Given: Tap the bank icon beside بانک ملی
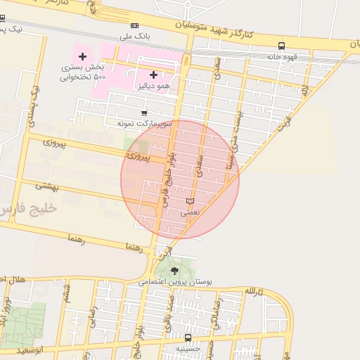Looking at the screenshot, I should [x=135, y=26].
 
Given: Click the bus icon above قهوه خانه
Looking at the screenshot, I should [x=281, y=46].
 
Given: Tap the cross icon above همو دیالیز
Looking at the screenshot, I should [x=153, y=74].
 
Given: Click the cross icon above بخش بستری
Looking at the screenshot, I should [x=83, y=56].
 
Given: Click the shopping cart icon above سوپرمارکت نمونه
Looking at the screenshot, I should [x=144, y=112].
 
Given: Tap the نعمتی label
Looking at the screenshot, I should [x=190, y=212].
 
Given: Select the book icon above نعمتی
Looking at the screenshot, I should [x=190, y=201].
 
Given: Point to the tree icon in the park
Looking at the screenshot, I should [x=174, y=270].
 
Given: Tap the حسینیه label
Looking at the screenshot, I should [x=188, y=347].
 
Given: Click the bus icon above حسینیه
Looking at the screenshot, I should [x=188, y=337].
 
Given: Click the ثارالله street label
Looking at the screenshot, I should [x=254, y=290].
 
